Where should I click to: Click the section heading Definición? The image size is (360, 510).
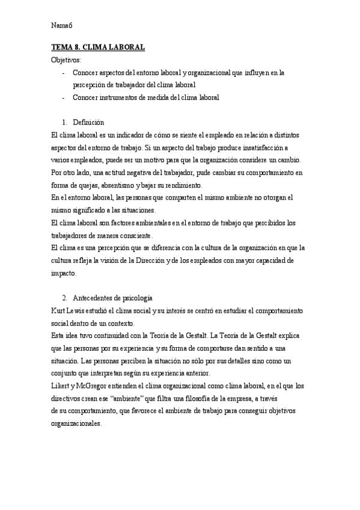(88, 122)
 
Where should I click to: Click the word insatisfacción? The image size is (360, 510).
(257, 147)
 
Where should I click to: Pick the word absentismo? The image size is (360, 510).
(119, 185)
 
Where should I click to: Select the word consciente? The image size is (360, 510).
(135, 235)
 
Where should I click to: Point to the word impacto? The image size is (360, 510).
(63, 273)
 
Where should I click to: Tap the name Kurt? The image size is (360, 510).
(58, 310)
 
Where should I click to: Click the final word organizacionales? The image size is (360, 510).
(78, 423)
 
